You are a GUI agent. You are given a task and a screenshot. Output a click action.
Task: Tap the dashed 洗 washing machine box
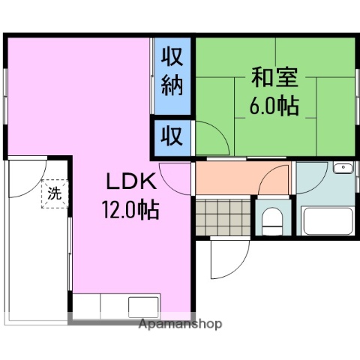[55, 193]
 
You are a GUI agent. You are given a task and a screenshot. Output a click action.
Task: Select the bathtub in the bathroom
[327, 222]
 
